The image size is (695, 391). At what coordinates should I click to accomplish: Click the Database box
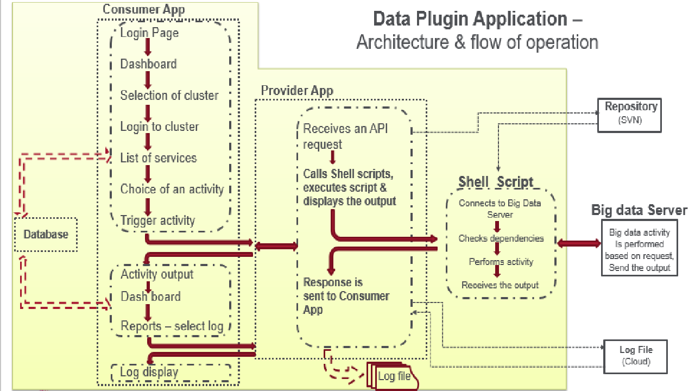pyautogui.click(x=46, y=235)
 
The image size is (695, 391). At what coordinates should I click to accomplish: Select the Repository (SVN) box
pyautogui.click(x=630, y=115)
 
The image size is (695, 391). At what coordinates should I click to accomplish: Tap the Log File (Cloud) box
pyautogui.click(x=635, y=356)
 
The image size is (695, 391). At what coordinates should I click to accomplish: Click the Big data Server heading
pyautogui.click(x=639, y=210)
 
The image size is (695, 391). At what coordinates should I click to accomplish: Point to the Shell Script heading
pyautogui.click(x=496, y=181)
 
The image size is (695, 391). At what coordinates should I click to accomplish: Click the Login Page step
pyautogui.click(x=149, y=33)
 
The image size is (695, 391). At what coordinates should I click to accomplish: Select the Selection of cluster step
pyautogui.click(x=169, y=96)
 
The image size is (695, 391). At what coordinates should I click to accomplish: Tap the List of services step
pyautogui.click(x=158, y=158)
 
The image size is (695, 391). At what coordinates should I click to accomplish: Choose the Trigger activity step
pyautogui.click(x=157, y=220)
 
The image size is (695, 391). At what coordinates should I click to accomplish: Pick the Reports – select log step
pyautogui.click(x=172, y=326)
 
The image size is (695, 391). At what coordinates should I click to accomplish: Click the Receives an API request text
pyautogui.click(x=346, y=136)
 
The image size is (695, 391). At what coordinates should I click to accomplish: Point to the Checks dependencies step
pyautogui.click(x=501, y=238)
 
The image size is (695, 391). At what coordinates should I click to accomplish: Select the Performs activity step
pyautogui.click(x=501, y=262)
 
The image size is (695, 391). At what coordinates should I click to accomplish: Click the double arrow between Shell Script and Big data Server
pyautogui.click(x=579, y=243)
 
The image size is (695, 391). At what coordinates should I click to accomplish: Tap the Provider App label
pyautogui.click(x=297, y=91)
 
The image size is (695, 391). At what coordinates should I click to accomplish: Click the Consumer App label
pyautogui.click(x=143, y=9)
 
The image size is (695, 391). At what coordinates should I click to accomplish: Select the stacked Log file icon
pyautogui.click(x=392, y=376)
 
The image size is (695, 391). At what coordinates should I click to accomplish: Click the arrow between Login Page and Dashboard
pyautogui.click(x=147, y=48)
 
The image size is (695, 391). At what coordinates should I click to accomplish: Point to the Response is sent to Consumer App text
pyautogui.click(x=346, y=296)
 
